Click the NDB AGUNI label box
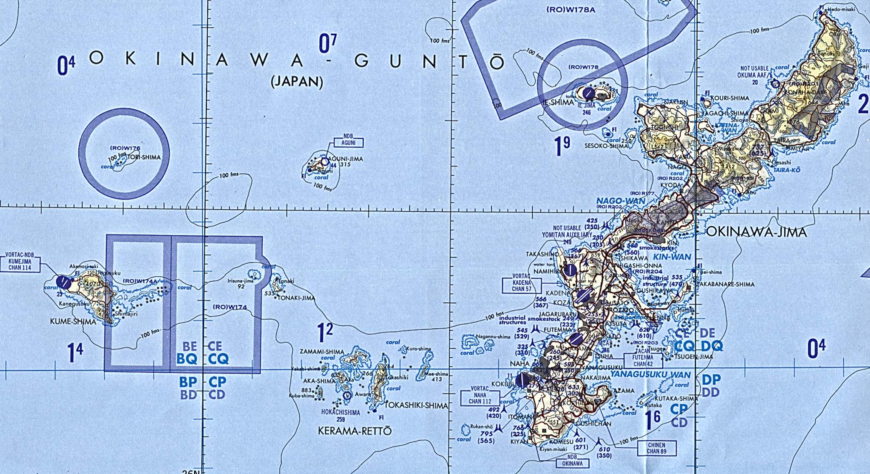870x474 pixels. [348, 140]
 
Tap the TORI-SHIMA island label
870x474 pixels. [144, 157]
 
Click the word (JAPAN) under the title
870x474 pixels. [297, 82]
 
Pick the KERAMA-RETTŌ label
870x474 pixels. [355, 431]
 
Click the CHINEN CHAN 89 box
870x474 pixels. [656, 449]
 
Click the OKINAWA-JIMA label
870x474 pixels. [756, 232]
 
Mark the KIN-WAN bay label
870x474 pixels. [672, 257]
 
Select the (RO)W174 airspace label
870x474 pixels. [230, 307]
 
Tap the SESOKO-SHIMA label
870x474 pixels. [606, 146]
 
